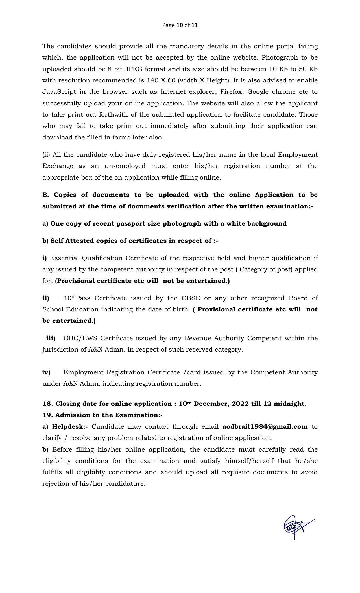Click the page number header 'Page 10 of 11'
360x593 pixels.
click(x=180, y=25)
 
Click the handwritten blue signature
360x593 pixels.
click(x=296, y=527)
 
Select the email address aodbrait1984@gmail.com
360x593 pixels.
click(x=265, y=426)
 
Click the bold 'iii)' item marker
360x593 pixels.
click(x=51, y=338)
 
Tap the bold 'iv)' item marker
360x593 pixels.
click(x=46, y=372)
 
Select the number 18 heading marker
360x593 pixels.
click(x=47, y=404)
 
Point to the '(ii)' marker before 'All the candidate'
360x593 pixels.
click(x=46, y=155)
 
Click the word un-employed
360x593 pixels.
click(x=125, y=166)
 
